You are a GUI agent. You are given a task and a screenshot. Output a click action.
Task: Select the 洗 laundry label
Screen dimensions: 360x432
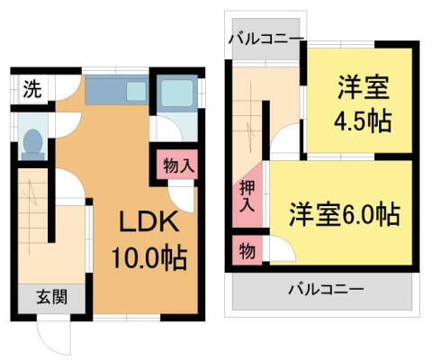click(31, 89)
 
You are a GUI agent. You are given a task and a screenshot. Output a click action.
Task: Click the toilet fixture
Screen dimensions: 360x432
click(32, 141)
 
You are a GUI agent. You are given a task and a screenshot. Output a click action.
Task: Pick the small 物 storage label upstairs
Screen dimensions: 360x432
click(246, 248)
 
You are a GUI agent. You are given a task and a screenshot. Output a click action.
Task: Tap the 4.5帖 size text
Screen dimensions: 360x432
click(364, 121)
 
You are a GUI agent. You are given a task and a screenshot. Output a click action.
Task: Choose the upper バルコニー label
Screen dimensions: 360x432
click(265, 38)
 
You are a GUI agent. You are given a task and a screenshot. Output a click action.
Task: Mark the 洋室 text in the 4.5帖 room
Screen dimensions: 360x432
click(364, 88)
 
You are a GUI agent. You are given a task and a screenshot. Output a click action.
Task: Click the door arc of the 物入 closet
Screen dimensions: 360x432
click(183, 193)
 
